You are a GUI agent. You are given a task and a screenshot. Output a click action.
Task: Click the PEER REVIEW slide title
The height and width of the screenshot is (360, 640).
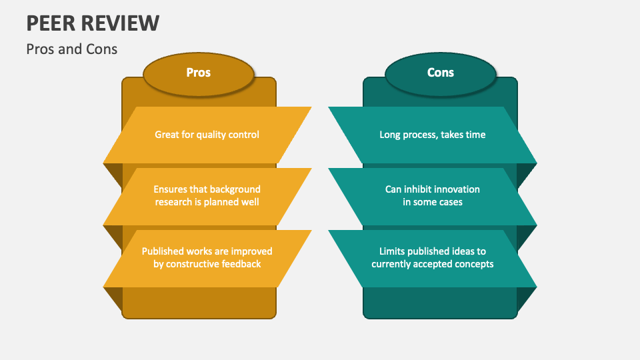[93, 23]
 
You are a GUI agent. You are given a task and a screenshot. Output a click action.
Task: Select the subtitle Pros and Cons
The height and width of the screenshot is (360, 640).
[72, 49]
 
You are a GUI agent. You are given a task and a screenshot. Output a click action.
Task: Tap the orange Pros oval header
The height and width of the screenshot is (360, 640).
[198, 73]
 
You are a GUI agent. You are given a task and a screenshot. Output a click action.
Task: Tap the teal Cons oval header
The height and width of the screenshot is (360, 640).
[440, 73]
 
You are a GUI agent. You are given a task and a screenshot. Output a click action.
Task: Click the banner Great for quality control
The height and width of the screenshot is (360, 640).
[207, 135]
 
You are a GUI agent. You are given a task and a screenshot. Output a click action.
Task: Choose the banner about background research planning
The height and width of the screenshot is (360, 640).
[207, 195]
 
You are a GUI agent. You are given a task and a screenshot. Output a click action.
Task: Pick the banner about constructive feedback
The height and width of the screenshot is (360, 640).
[207, 257]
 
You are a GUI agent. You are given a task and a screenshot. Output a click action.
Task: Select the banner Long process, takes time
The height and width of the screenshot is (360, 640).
[432, 135]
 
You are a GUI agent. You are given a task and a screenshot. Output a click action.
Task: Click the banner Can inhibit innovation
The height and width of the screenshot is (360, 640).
[432, 195]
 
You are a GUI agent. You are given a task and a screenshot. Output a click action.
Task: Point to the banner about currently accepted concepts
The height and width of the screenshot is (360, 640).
[432, 257]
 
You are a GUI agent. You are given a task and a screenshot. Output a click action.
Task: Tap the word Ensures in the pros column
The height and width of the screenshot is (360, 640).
[171, 189]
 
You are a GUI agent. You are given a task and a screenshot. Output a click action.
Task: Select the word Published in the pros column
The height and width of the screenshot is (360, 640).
[164, 251]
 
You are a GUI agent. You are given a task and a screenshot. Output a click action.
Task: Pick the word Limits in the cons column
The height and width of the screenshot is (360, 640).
[393, 251]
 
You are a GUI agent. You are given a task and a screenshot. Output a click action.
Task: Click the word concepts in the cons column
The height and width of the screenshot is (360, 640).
[474, 264]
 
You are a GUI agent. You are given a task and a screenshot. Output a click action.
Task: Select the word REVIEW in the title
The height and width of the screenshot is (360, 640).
[123, 23]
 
